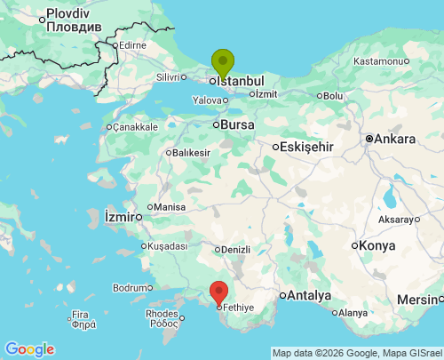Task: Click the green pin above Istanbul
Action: coord(222,62)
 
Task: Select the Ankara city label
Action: coord(394,140)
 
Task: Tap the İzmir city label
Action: coord(120,216)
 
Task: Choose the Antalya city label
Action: coord(310,295)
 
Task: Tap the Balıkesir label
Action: coord(191,153)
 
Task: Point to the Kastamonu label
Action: coord(378,61)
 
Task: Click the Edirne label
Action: coord(132,44)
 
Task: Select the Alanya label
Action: coord(352,312)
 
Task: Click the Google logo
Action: coord(29,349)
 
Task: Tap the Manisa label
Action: coord(169,207)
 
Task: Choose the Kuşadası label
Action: coord(168,245)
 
